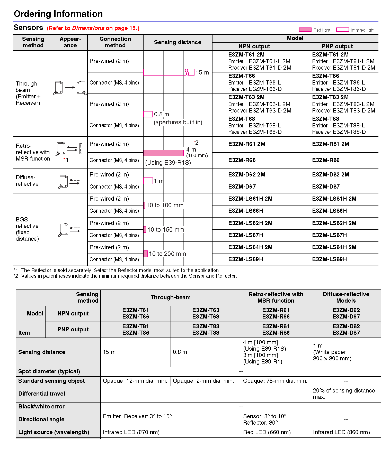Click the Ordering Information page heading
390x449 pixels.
(58, 14)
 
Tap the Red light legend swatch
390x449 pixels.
(305, 30)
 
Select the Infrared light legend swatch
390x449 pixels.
(342, 30)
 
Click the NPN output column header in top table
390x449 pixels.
(254, 46)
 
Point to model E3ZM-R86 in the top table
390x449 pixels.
(326, 160)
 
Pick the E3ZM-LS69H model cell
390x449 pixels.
(245, 259)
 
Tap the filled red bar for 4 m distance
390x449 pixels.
(163, 153)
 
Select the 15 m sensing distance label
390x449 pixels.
(202, 72)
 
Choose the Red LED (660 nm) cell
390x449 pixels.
(267, 432)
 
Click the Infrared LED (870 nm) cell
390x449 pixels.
(131, 432)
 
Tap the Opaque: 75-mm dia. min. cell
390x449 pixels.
(275, 381)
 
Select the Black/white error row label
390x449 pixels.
(41, 407)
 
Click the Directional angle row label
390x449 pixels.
(41, 419)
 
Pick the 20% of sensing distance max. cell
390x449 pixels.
(344, 394)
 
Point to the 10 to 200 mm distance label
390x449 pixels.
(167, 254)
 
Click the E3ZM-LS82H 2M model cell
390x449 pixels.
(334, 223)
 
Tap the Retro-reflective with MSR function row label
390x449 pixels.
(33, 152)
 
